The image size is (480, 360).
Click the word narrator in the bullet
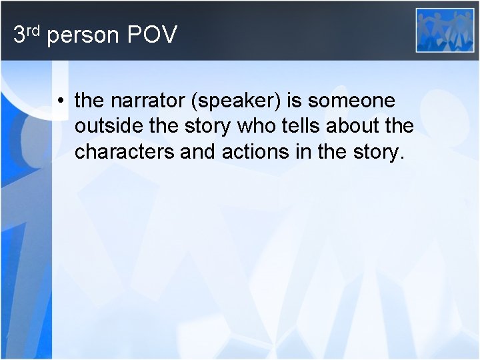(x=139, y=101)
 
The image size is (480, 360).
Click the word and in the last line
(x=193, y=152)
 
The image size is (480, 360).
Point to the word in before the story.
(x=296, y=152)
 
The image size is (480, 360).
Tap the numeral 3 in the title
(x=19, y=35)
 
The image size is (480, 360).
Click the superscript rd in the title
(x=33, y=29)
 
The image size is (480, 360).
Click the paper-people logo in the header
(x=445, y=31)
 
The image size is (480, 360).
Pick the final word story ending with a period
(x=377, y=152)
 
